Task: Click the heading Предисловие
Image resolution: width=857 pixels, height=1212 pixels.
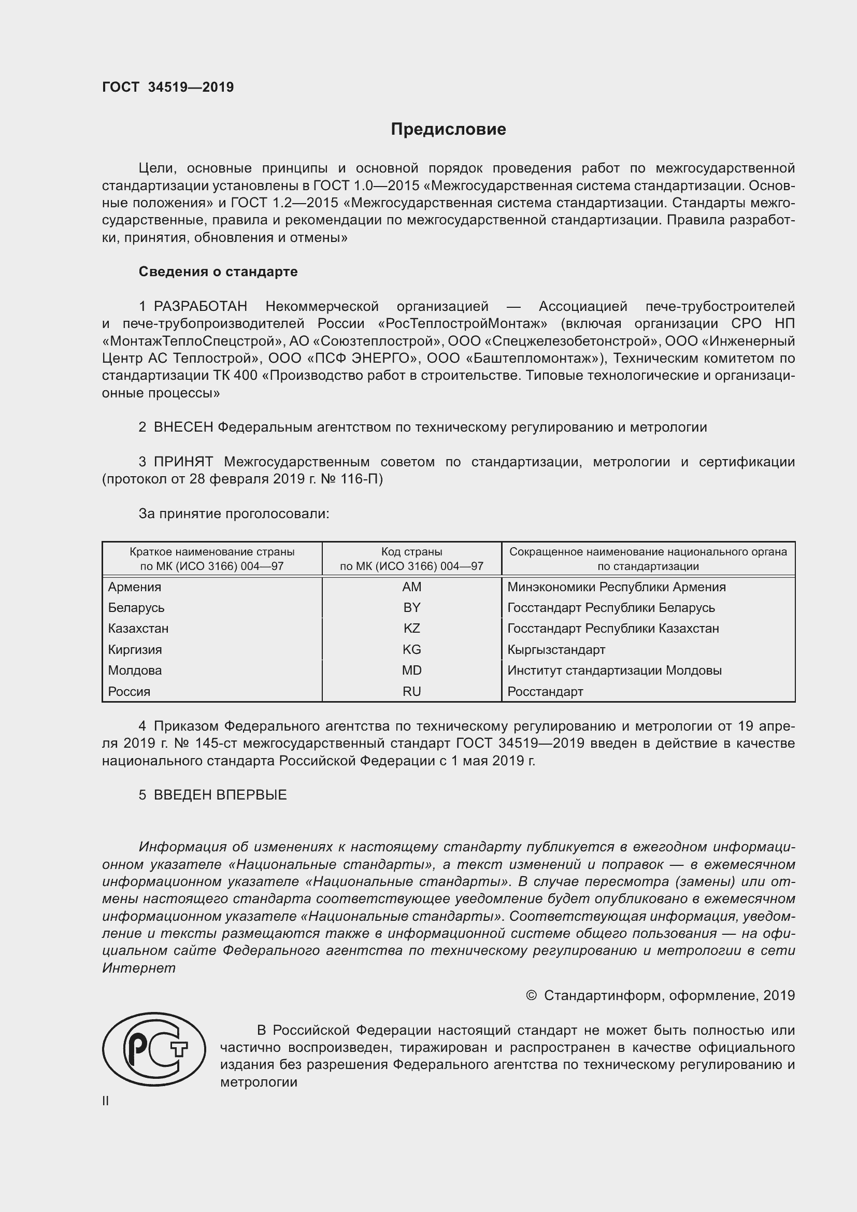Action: [448, 130]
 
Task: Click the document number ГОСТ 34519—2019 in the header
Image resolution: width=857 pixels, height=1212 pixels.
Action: [168, 88]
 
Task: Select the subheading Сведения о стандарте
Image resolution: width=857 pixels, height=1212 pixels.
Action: [218, 272]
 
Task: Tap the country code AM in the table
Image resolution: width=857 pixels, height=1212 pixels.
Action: [411, 587]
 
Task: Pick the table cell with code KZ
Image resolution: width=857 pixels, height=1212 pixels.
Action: [411, 629]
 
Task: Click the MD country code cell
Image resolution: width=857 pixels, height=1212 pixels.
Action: [411, 671]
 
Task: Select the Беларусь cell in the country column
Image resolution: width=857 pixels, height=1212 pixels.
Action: [136, 608]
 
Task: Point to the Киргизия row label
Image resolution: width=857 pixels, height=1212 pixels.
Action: [135, 650]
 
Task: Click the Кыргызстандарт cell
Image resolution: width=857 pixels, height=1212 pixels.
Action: [556, 650]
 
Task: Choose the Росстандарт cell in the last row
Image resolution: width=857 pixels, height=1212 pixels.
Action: [545, 692]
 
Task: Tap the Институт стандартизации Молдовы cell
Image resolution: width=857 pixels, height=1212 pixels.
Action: [615, 671]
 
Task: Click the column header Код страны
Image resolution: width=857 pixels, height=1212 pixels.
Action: [411, 552]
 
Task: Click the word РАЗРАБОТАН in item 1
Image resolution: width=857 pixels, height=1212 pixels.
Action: [200, 307]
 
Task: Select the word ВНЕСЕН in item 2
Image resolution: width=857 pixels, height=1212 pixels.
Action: [183, 427]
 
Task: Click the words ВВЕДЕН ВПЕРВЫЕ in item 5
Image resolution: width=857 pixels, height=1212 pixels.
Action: [220, 795]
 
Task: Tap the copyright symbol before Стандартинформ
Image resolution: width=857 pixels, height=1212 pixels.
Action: [532, 995]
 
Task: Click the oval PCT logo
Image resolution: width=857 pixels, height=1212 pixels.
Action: [154, 1049]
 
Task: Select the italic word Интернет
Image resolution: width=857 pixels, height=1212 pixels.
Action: [139, 968]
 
